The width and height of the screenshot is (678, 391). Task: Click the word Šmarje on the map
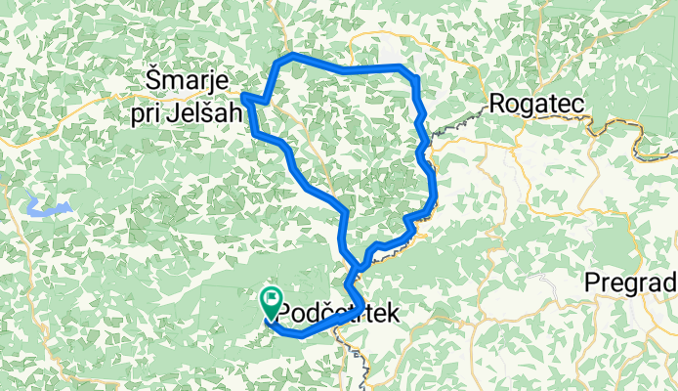pos(187,77)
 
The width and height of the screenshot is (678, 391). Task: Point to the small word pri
pos(146,113)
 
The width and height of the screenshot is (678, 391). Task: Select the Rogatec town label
pos(532,104)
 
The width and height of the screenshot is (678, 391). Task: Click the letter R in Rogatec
pos(496,104)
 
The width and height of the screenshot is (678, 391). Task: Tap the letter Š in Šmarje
pos(153,77)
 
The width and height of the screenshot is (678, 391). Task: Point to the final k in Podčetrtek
pos(394,314)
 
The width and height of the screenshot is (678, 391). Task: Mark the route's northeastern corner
pos(413,76)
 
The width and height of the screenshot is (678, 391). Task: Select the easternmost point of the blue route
pos(434,195)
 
